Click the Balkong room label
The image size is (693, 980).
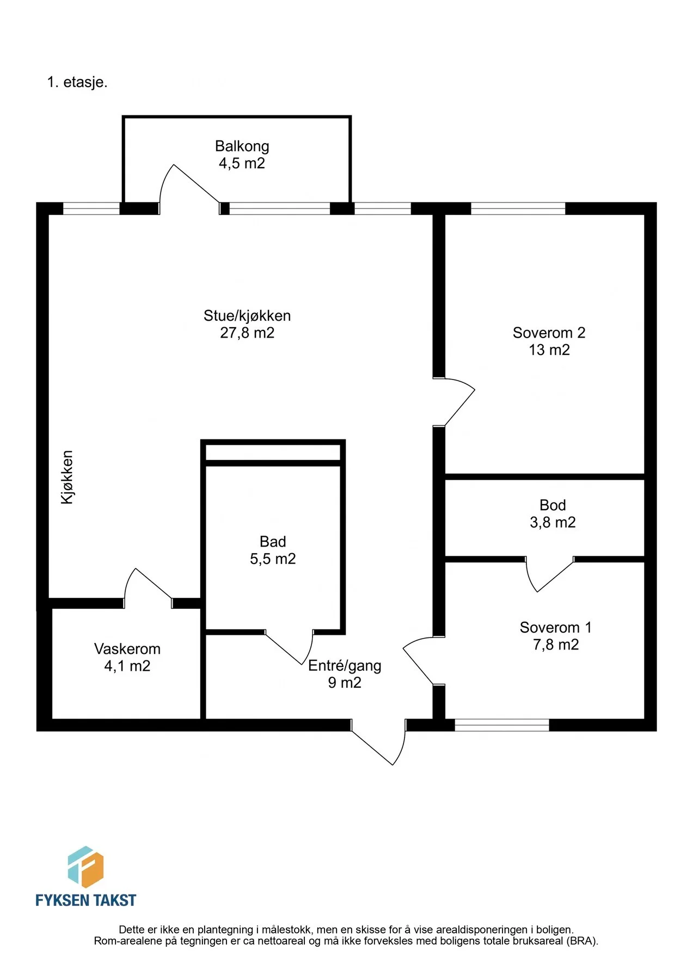click(242, 146)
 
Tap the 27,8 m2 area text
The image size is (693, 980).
click(247, 333)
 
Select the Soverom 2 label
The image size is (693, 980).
click(549, 333)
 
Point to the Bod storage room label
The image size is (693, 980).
click(553, 505)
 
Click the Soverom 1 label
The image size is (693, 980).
click(555, 627)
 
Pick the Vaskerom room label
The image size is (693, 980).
click(127, 649)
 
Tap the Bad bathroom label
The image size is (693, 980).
click(273, 542)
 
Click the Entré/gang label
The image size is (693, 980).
click(345, 666)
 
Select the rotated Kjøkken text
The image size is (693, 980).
click(67, 477)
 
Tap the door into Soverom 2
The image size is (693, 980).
click(455, 402)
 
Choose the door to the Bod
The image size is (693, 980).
click(549, 574)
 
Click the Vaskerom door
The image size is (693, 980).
click(148, 587)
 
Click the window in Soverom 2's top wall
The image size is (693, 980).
click(518, 209)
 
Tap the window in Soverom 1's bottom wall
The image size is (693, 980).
click(502, 725)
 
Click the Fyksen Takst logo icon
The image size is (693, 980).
click(85, 867)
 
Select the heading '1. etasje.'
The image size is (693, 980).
click(77, 82)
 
